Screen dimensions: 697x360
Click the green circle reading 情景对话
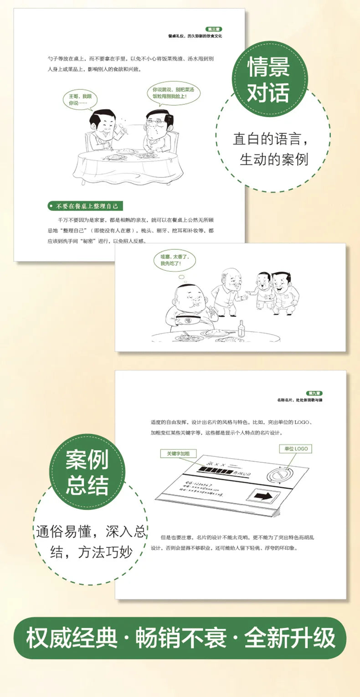tap(268, 80)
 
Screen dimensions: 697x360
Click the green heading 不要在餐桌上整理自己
tap(85, 207)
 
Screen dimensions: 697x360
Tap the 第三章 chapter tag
tap(214, 29)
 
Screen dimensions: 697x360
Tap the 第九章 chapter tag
tap(315, 393)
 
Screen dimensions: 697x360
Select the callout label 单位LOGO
tap(296, 449)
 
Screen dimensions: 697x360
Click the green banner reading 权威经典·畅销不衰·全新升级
tap(180, 638)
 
